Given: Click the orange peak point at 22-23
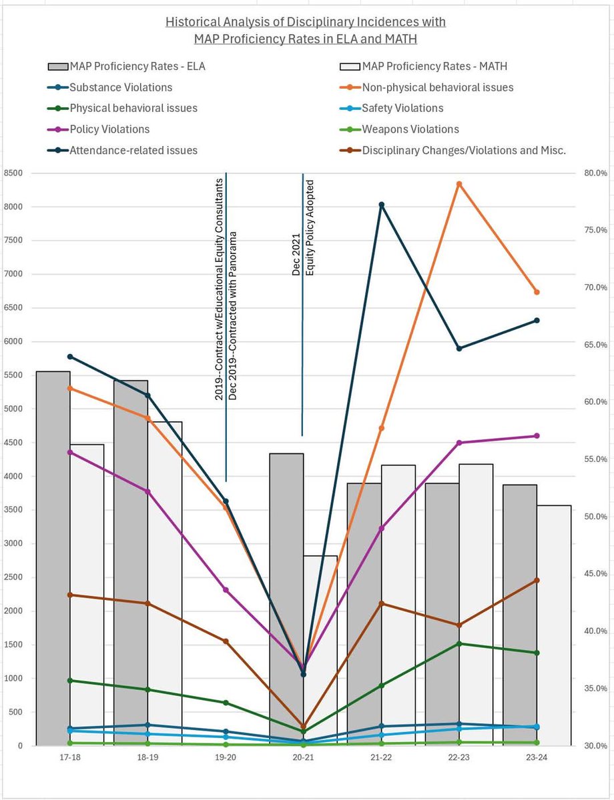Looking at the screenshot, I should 459,184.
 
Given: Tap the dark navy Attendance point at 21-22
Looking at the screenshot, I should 381,205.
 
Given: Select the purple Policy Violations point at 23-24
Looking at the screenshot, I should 537,436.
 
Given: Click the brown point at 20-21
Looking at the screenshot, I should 304,727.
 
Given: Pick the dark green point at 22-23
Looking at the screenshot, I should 459,643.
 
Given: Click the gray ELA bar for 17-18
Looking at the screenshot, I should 53,560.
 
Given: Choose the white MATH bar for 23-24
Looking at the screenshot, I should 554,627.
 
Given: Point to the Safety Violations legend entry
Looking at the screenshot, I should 402,108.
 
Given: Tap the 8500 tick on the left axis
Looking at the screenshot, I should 13,173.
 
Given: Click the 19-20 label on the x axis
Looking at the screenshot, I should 226,758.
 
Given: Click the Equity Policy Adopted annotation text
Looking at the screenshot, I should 310,227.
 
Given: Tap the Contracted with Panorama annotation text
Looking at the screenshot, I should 233,317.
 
